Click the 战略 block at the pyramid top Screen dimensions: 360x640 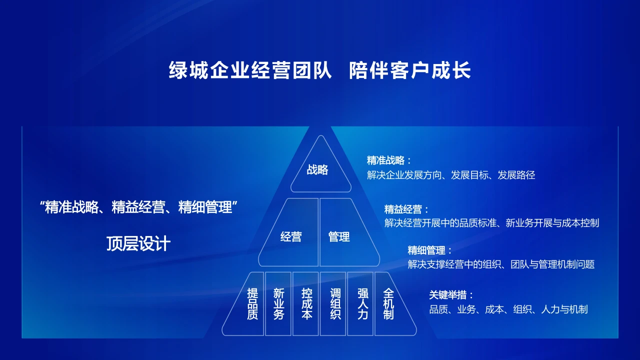tap(318, 169)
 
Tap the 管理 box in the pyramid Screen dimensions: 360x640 tap(339, 236)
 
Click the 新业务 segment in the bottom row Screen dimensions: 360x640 tap(278, 303)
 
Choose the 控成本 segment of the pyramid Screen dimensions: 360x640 tap(306, 303)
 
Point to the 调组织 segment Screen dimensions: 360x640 tap(333, 303)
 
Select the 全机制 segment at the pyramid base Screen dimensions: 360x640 tap(388, 303)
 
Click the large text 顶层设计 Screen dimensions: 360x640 tap(138, 243)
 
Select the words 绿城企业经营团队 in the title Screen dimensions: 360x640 tap(250, 70)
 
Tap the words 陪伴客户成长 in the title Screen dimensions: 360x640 tap(410, 70)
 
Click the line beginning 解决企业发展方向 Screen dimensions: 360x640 tap(450, 175)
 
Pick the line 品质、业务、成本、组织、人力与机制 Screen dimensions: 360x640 tap(508, 309)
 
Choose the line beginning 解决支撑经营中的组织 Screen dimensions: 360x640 tap(500, 264)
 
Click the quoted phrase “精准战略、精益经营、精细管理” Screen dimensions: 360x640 tap(138, 207)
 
